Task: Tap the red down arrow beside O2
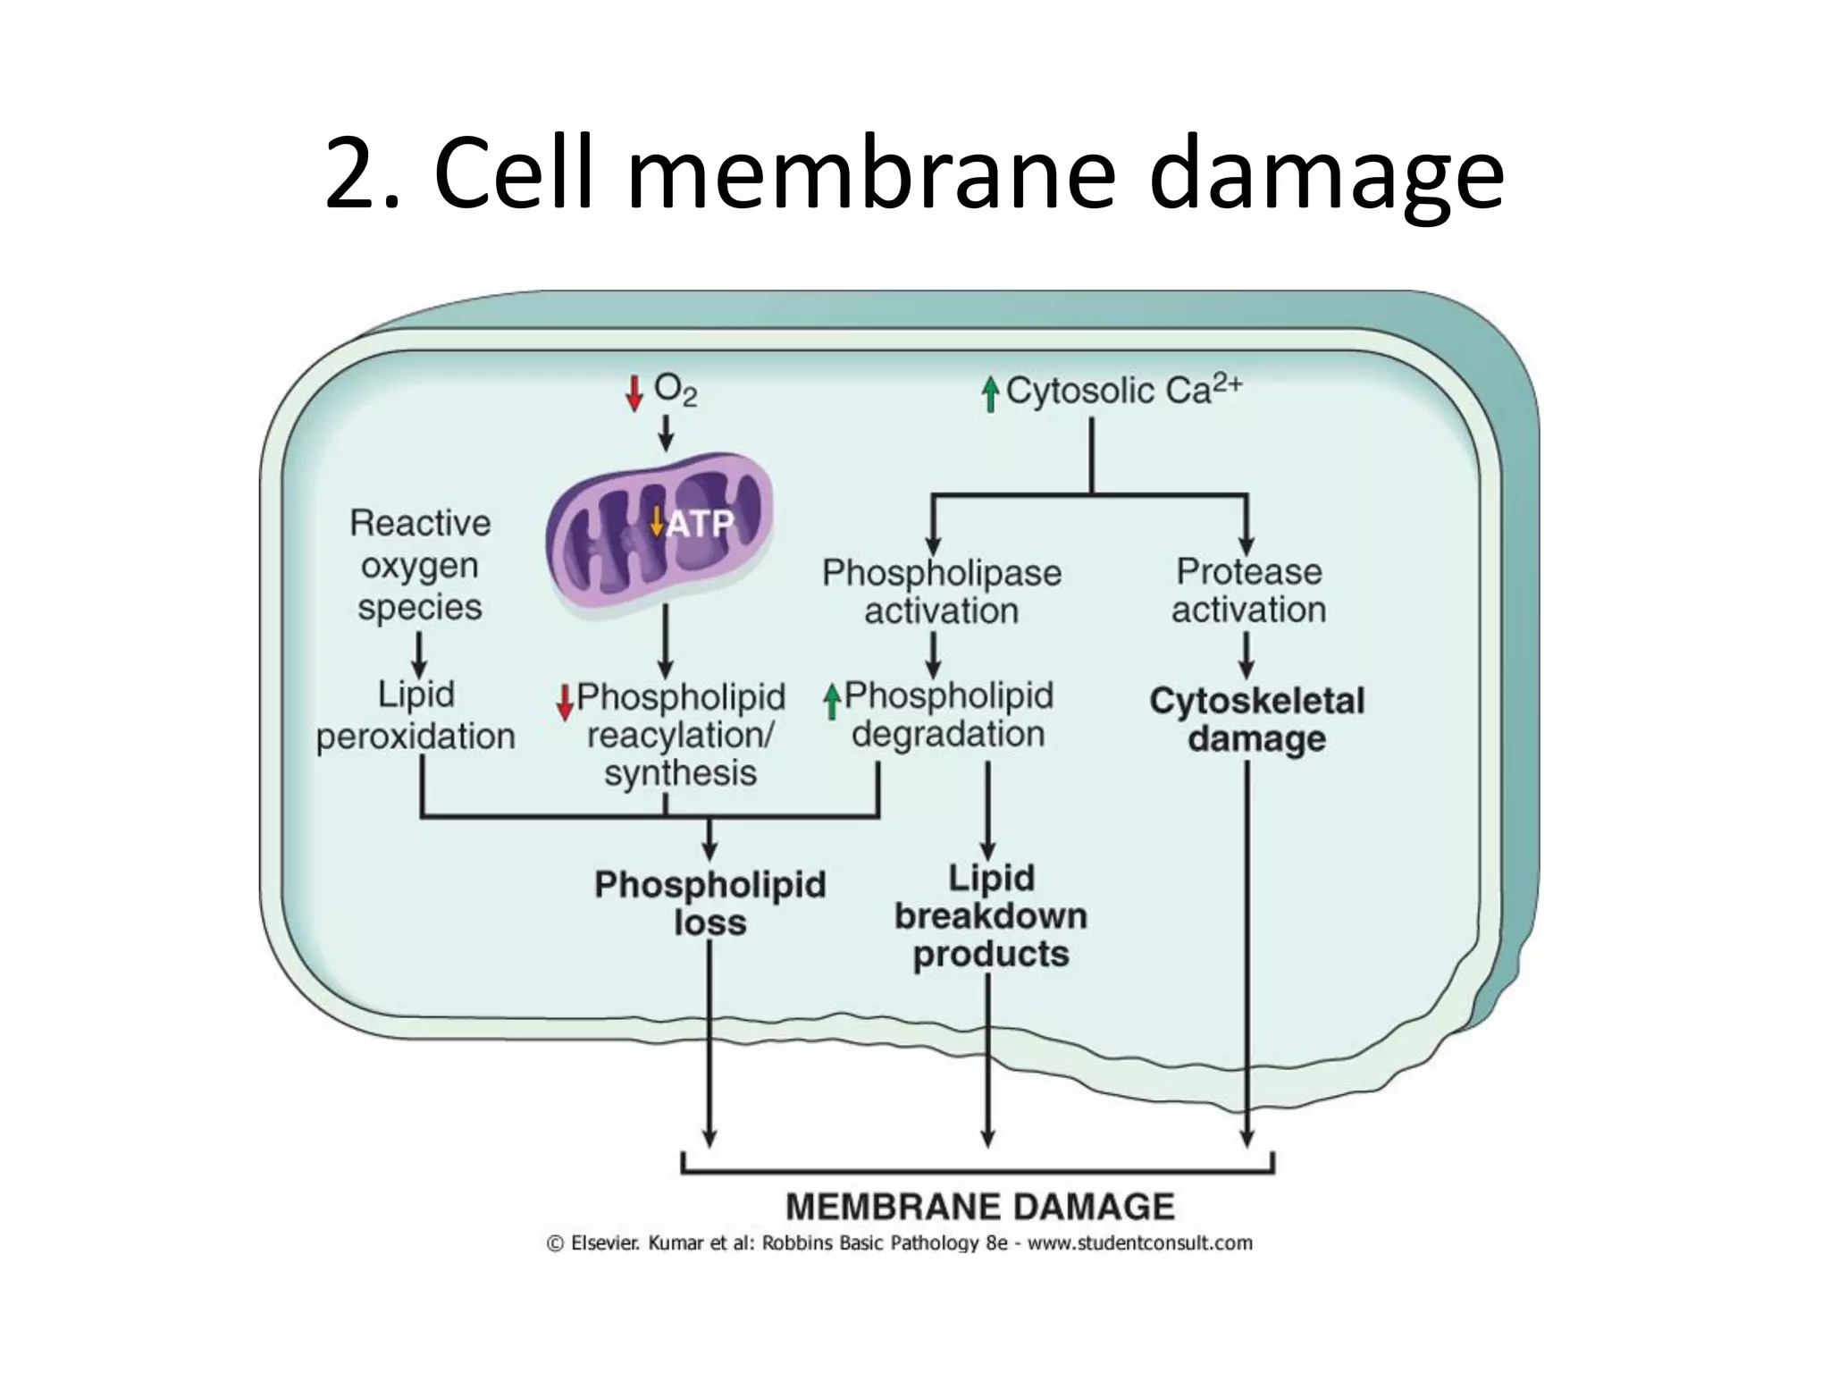coord(634,393)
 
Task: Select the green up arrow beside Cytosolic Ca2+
coord(989,394)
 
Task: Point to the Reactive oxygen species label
coord(420,565)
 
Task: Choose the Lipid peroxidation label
coord(416,716)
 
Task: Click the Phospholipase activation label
coord(942,592)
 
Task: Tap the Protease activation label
coord(1248,591)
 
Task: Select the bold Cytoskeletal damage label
coord(1256,720)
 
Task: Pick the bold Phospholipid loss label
coord(710,903)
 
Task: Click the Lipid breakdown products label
coord(991,916)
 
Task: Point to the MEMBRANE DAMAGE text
coord(979,1207)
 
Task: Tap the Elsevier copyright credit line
coord(899,1243)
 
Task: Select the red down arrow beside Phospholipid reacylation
coord(565,703)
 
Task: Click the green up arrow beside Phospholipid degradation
coord(832,702)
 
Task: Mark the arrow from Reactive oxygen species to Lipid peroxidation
coord(419,654)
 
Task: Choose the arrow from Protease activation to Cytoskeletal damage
coord(1247,654)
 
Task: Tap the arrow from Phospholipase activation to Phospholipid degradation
coord(933,654)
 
